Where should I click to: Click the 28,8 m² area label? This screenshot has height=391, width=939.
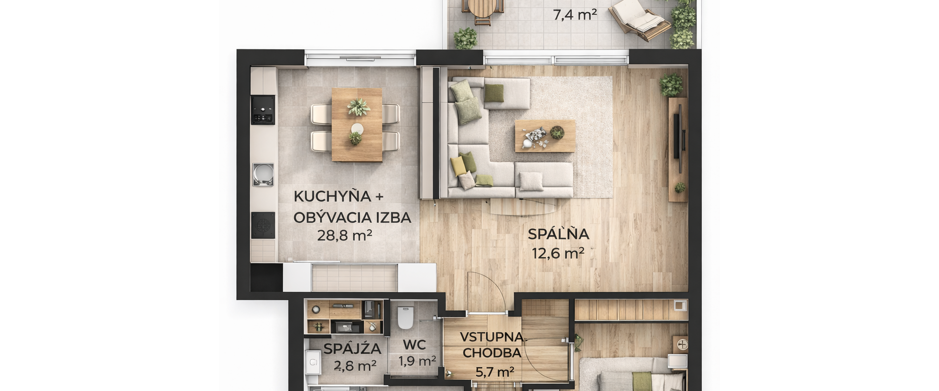coord(344,236)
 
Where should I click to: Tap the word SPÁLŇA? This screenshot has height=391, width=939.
coord(558,234)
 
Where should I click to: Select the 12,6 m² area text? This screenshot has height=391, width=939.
coord(558,253)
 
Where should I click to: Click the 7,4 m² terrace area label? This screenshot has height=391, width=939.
coord(575,15)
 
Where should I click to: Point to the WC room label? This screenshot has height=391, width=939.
coord(414,345)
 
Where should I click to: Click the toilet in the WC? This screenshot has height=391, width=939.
coord(405,317)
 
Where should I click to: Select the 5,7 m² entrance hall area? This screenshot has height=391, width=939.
coord(494,372)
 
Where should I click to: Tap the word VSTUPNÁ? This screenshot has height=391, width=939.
coord(492,337)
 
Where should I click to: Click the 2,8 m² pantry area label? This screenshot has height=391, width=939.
coord(355,366)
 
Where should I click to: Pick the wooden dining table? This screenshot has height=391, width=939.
coord(357,125)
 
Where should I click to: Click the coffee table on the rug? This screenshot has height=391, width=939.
coord(545,136)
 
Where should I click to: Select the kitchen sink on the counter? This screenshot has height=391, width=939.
coord(263,174)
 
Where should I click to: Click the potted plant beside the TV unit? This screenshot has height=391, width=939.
coord(671,85)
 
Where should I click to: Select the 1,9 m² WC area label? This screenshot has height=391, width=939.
coord(417,361)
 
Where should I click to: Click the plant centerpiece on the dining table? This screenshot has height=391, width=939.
coord(358,107)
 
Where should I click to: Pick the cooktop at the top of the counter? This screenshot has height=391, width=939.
coord(263,109)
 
